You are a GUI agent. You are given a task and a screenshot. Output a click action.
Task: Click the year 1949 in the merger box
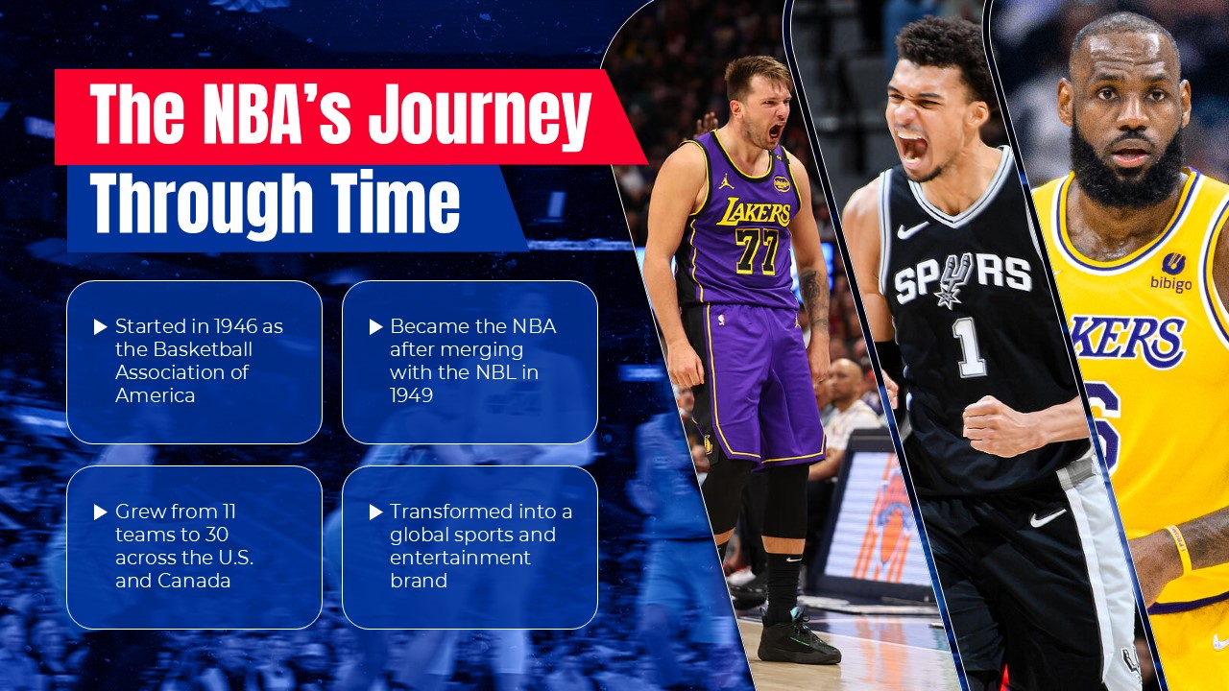[x=411, y=395]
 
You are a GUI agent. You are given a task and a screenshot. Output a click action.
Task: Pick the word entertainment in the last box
[x=460, y=558]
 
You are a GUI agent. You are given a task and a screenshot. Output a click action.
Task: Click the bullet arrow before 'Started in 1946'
[x=100, y=327]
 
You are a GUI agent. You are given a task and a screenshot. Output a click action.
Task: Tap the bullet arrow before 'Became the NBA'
[x=375, y=327]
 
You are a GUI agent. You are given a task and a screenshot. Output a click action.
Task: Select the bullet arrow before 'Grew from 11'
[x=100, y=512]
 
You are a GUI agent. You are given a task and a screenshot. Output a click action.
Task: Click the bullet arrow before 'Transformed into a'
[x=375, y=512]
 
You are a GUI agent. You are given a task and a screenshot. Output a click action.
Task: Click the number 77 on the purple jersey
[x=757, y=251]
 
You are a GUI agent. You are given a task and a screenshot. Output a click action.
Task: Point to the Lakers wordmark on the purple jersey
[x=753, y=211]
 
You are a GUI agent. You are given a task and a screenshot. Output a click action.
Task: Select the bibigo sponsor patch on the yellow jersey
[x=1171, y=273]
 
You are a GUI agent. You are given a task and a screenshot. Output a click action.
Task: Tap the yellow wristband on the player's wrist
[x=1179, y=549]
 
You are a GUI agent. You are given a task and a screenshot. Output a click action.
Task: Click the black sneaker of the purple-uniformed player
[x=797, y=639]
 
